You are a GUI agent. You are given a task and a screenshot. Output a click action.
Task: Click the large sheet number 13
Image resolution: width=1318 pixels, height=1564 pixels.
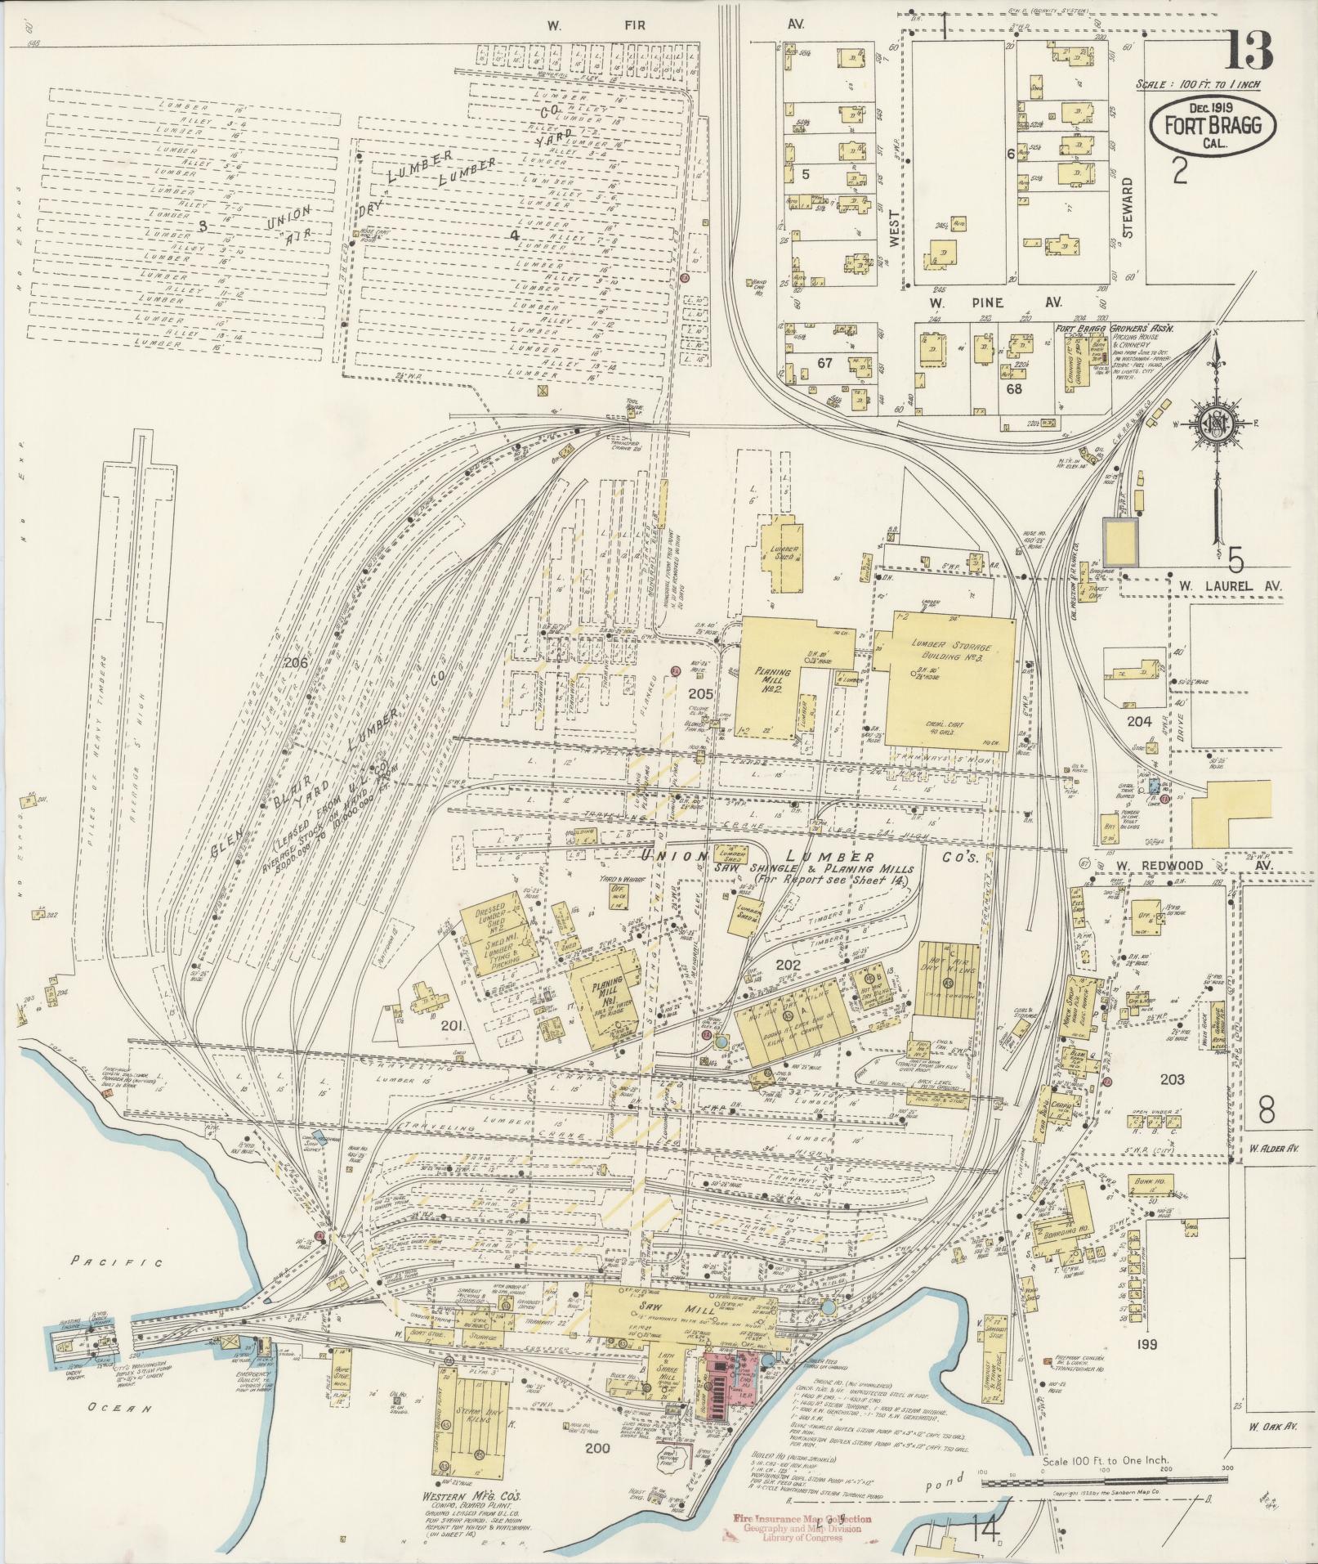1249,51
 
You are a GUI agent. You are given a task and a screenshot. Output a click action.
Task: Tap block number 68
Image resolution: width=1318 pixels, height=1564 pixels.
1014,389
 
